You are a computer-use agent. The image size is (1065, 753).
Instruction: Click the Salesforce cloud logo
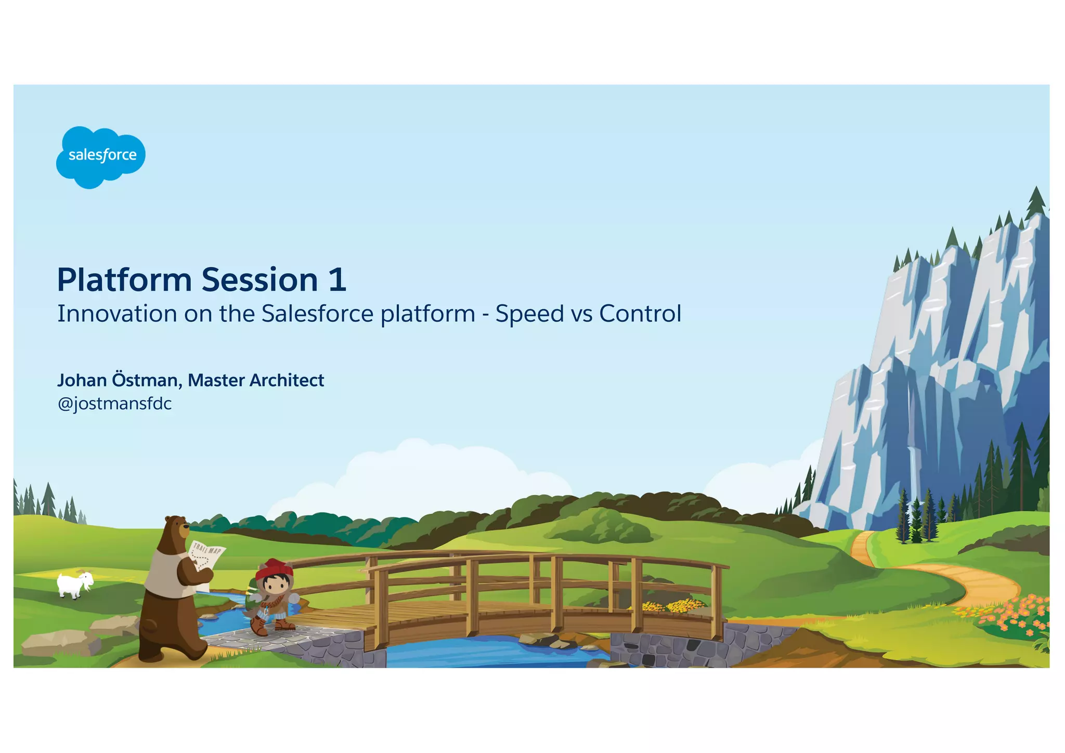(x=100, y=157)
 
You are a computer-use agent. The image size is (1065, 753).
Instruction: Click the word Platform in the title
(x=124, y=280)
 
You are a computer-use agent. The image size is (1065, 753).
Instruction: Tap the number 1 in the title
(x=337, y=280)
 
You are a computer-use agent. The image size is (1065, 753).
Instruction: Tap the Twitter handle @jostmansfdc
(x=114, y=404)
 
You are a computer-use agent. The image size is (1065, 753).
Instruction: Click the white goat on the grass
(x=74, y=585)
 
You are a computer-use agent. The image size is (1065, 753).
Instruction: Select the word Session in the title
(x=259, y=280)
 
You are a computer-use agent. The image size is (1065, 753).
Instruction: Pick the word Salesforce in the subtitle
(x=317, y=314)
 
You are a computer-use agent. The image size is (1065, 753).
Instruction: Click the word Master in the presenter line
(x=216, y=381)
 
